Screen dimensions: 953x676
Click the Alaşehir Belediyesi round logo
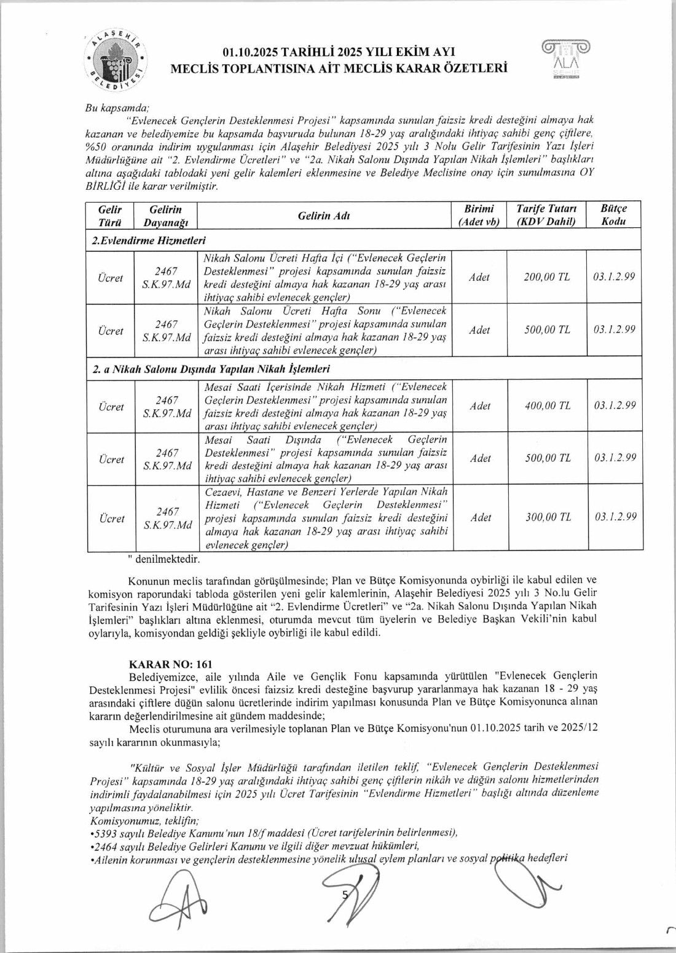117,60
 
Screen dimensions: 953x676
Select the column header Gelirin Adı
324,216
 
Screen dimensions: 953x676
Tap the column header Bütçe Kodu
613,215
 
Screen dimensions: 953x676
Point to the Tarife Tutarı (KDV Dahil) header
546,215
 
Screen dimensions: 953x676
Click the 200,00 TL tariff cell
546,277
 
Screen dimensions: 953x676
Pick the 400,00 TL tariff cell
547,406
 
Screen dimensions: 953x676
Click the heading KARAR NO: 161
170,664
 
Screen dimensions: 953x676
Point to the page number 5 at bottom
345,895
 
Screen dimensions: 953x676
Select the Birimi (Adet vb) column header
479,215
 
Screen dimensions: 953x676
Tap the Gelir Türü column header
111,215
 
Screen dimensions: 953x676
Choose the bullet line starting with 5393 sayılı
273,833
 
